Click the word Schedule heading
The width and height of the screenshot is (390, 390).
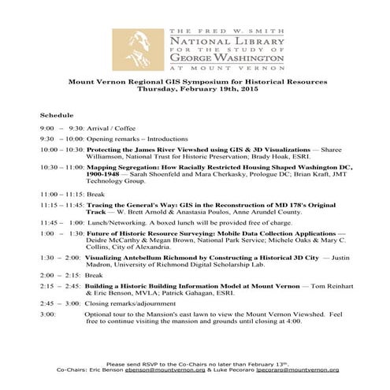pos(56,115)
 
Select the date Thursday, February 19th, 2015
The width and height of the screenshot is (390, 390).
pos(195,90)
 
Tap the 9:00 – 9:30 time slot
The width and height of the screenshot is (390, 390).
pos(61,127)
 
